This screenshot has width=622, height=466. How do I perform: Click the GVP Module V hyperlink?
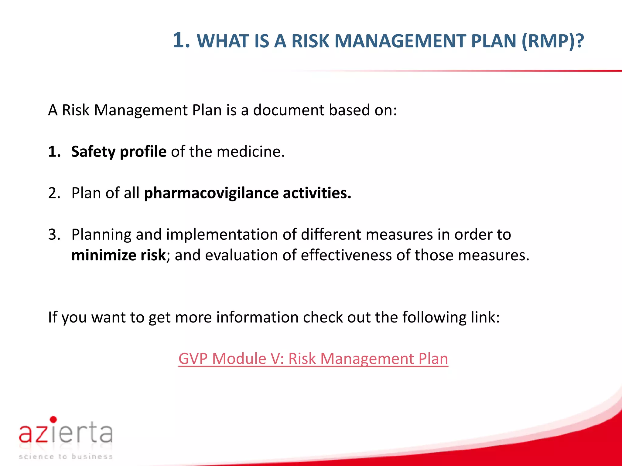coord(313,359)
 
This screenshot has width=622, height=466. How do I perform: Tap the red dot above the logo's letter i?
coord(53,419)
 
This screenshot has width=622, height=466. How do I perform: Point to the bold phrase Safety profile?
coord(119,151)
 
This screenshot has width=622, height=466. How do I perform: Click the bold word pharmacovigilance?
coord(211,193)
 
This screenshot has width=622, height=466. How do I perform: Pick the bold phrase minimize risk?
coord(118,255)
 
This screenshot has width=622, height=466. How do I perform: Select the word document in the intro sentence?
coord(289,110)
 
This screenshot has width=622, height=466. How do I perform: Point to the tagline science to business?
coord(66,457)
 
